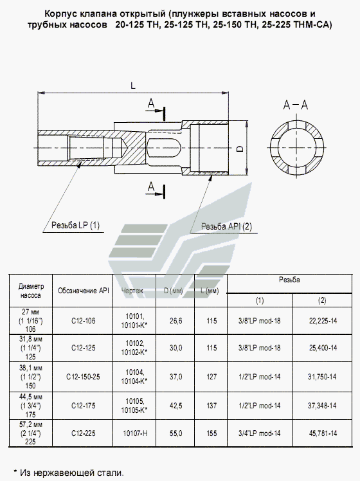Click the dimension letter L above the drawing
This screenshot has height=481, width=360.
[x=133, y=86]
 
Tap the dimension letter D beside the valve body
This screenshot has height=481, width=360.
[x=240, y=149]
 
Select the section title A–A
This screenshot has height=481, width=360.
[x=295, y=105]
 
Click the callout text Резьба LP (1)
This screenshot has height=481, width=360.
[x=75, y=226]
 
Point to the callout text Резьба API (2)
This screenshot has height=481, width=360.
[x=226, y=227]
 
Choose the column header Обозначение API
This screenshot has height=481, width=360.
[x=84, y=291]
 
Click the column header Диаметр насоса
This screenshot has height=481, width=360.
[x=31, y=291]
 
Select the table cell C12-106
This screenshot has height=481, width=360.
[x=84, y=321]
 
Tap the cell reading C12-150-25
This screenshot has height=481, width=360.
[x=83, y=377]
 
